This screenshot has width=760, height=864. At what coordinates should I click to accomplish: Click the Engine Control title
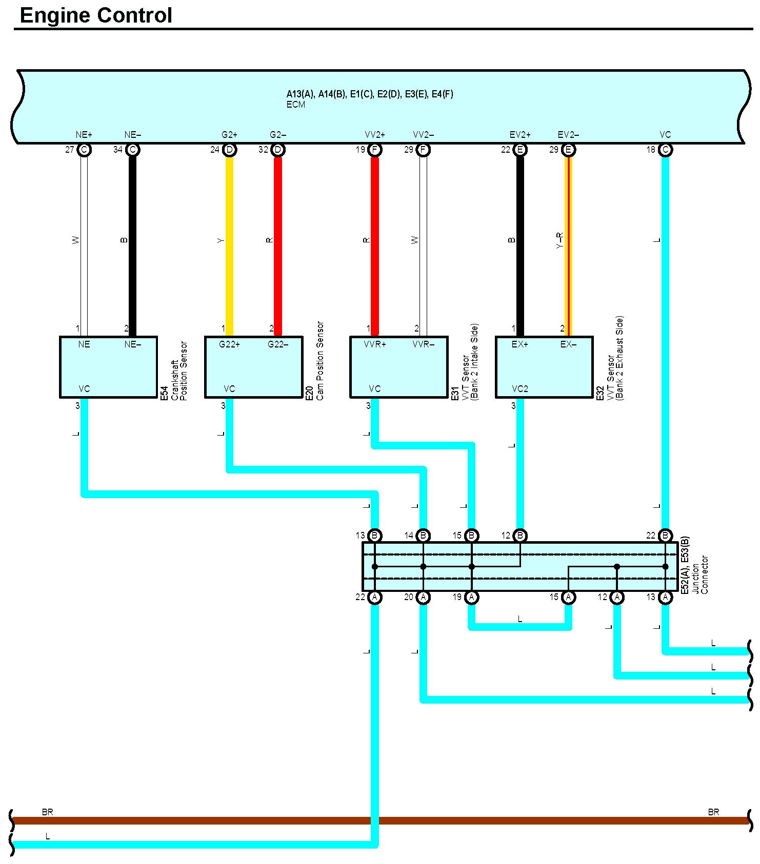coord(96,15)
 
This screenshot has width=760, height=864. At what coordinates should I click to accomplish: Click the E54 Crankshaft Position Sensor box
coord(108,367)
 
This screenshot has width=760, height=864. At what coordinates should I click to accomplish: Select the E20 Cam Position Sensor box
coord(253,367)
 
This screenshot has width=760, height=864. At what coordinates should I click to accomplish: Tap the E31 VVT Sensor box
coord(398,367)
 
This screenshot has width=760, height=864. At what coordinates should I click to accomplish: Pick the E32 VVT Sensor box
coord(544,367)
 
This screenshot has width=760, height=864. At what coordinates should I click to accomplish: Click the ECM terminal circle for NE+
coord(84,150)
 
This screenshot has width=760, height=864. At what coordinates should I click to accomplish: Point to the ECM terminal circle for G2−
coord(278,150)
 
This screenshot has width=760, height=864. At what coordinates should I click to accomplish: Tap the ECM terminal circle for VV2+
coord(375,150)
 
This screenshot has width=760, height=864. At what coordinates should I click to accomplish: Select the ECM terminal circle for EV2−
coord(568,150)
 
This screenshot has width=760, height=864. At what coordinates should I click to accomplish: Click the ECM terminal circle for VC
coord(665,150)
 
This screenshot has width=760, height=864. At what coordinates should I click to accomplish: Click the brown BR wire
coord(205,820)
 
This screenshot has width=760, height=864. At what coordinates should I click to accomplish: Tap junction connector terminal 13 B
coord(375,536)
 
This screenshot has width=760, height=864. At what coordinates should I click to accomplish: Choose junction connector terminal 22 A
coord(375,597)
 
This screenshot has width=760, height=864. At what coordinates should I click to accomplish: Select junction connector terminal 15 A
coord(568,597)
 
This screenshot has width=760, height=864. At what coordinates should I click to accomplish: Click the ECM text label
coord(296,105)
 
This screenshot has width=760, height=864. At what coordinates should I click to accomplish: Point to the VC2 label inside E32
coord(519,389)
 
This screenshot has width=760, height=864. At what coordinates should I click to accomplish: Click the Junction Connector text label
coord(699,574)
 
